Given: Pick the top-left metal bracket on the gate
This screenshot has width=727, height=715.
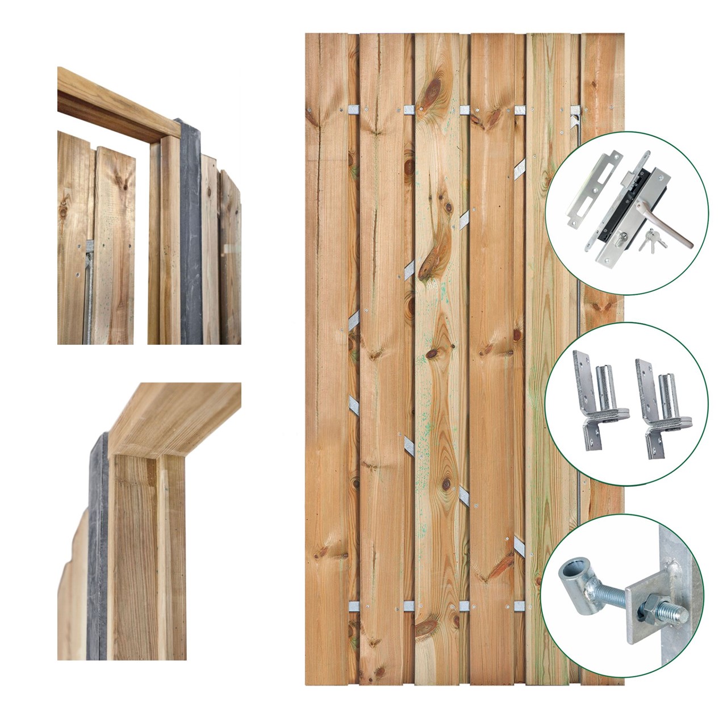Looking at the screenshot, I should [353, 108].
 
